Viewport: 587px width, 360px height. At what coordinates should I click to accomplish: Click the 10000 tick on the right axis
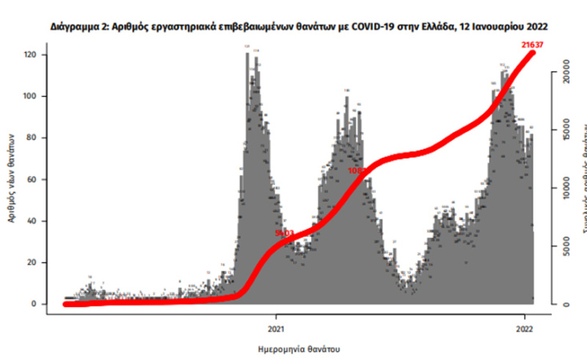coord(565,185)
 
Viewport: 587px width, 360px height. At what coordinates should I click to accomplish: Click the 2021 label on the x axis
coord(275,327)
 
